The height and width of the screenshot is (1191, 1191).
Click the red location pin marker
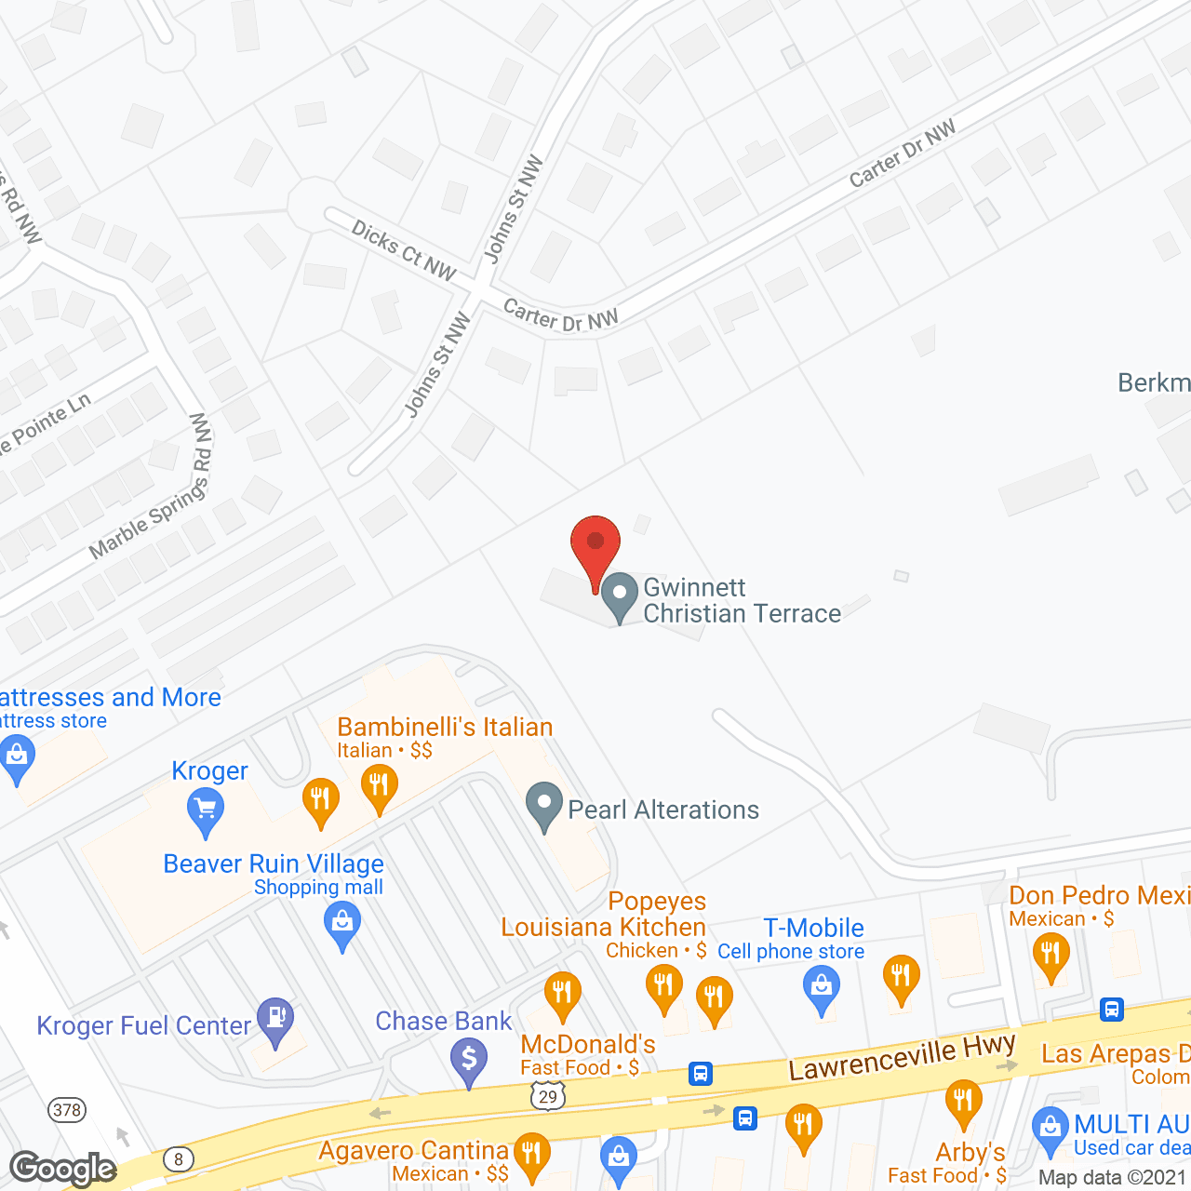(x=595, y=548)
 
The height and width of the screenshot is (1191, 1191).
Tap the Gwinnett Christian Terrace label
(x=742, y=600)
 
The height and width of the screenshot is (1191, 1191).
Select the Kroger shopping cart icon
(x=206, y=811)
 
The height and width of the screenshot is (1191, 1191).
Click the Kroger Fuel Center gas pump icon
(x=275, y=1020)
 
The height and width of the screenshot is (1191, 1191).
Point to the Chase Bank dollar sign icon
(x=469, y=1061)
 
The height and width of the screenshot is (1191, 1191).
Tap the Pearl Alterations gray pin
(x=544, y=806)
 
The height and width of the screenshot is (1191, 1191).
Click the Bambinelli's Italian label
(x=445, y=727)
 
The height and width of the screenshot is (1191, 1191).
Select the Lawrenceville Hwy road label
(x=902, y=1057)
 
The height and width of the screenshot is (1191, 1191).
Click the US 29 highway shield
(x=548, y=1096)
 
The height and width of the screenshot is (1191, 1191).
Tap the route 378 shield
(x=67, y=1109)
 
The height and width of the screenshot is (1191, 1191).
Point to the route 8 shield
(x=178, y=1159)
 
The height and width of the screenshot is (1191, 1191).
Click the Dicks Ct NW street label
(x=403, y=250)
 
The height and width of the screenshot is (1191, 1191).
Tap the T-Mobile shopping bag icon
(x=822, y=989)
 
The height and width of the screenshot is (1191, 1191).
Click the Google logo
(x=62, y=1169)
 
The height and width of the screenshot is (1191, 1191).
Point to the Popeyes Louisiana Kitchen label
(x=605, y=914)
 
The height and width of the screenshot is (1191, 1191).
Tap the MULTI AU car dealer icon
(x=1050, y=1130)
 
